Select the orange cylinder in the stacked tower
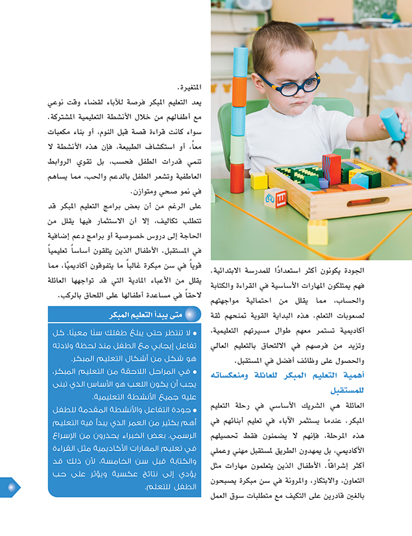tap(240, 92)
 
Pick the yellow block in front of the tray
tap(317, 231)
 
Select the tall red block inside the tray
tap(332, 167)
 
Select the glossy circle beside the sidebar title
tap(190, 315)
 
